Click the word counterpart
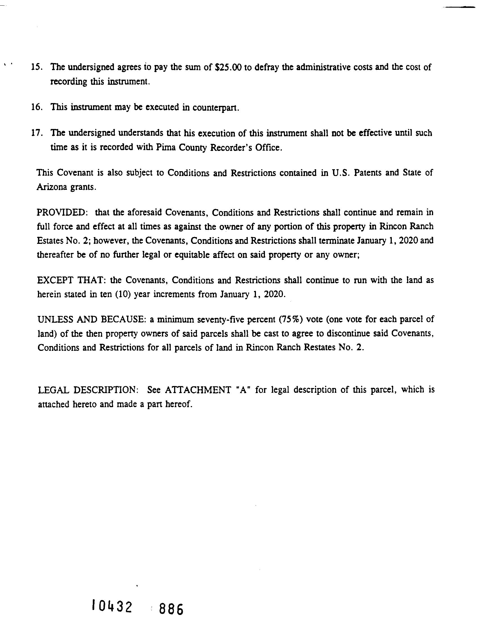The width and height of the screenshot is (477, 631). click(x=215, y=108)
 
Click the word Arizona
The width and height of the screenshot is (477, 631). click(x=51, y=187)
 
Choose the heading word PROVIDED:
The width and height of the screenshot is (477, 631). click(x=61, y=213)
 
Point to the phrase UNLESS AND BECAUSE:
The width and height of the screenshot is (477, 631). click(x=92, y=319)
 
